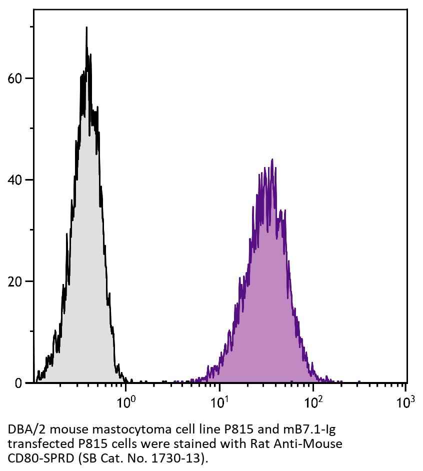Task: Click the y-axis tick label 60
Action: pos(16,78)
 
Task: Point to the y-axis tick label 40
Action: pos(16,180)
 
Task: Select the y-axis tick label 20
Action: pos(16,281)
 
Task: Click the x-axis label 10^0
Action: pos(128,401)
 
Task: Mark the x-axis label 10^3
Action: pos(406,401)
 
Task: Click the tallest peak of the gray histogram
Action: pos(86,28)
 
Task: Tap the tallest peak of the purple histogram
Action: pos(272,160)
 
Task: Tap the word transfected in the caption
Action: pos(32,443)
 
